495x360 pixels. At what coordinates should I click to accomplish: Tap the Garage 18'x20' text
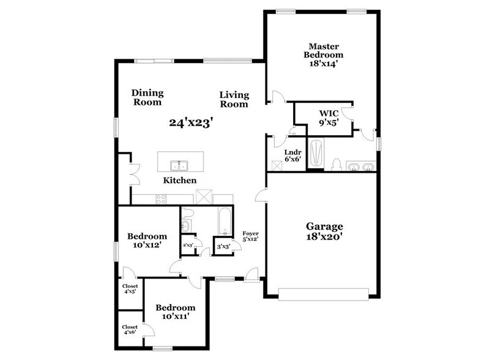pos(324,230)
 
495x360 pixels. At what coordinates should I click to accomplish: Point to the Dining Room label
pos(147,97)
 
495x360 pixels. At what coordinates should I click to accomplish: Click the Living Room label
pos(234,99)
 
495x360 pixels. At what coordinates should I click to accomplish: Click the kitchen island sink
pos(179,165)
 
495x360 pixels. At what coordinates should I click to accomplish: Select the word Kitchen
pos(179,181)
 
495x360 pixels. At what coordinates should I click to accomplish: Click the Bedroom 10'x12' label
pos(147,241)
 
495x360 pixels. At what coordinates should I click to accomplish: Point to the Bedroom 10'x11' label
pos(175,312)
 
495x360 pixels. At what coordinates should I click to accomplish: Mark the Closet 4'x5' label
pos(130,288)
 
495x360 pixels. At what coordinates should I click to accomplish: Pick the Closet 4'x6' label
pos(130,330)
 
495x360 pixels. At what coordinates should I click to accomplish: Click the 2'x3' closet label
pos(188,246)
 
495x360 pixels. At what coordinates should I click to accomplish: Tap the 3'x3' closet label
pos(223,246)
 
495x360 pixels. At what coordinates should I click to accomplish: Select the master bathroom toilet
pos(336,164)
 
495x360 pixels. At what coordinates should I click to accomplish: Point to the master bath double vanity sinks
pos(360,166)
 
